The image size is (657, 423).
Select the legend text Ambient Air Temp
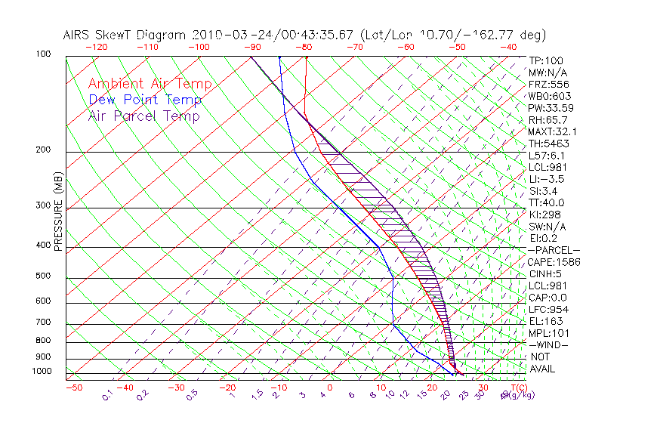(x=150, y=84)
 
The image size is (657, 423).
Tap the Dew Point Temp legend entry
(x=145, y=100)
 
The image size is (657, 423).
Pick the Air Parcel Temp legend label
(x=143, y=116)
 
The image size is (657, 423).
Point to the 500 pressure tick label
(x=43, y=276)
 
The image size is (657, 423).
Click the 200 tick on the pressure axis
(x=43, y=150)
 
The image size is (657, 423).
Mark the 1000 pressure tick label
(x=41, y=372)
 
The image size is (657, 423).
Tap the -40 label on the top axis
(x=508, y=47)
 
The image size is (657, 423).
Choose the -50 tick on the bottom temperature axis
(x=74, y=387)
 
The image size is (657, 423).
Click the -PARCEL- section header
(x=554, y=250)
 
